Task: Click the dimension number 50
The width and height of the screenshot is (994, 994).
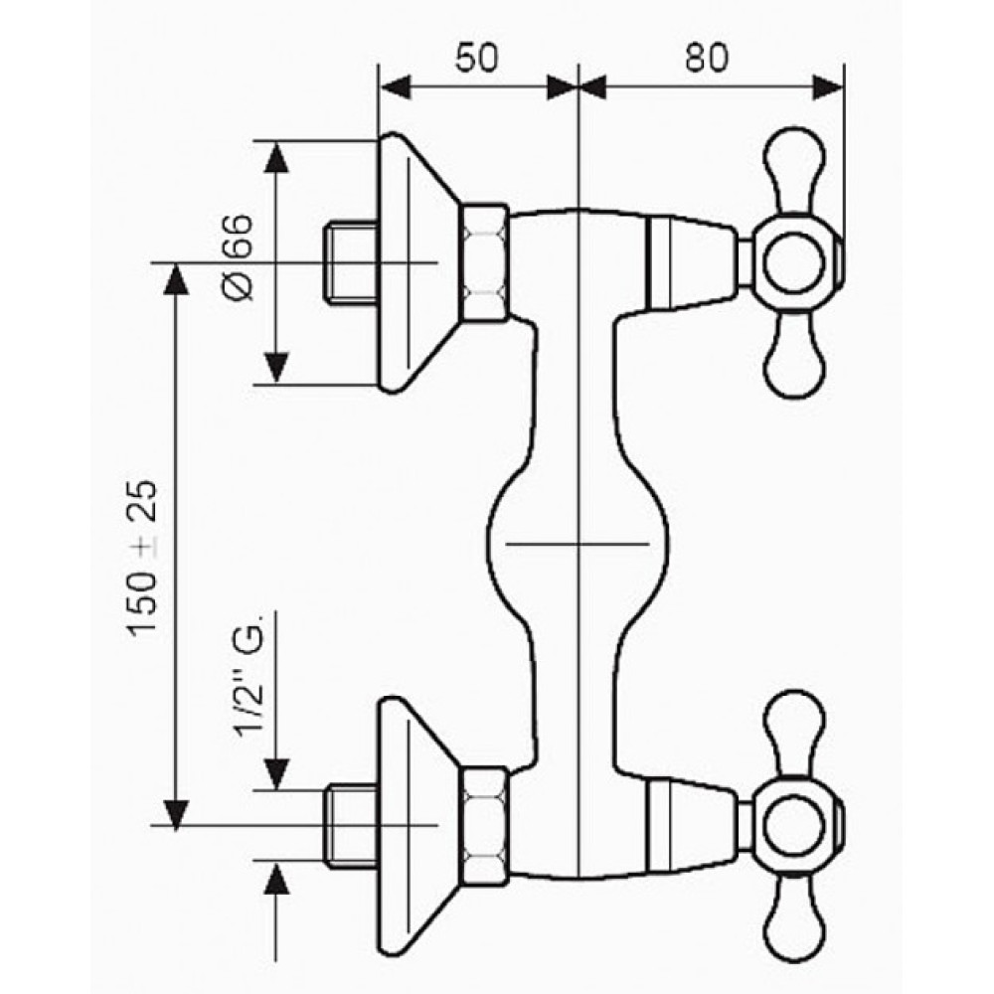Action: pos(477,58)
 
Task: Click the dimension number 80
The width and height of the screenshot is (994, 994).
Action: pos(707,58)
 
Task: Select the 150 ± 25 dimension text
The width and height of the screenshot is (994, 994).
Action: pos(142,558)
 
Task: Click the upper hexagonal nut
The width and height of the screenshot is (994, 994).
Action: pos(484,261)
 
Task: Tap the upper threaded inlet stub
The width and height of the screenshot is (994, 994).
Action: pos(351,261)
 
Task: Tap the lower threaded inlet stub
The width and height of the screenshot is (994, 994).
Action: pos(351,825)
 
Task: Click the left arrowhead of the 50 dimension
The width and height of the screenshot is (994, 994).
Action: pos(395,87)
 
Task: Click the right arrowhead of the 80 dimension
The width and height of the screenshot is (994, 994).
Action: pos(828,87)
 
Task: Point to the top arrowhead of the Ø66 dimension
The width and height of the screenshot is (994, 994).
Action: pos(276,157)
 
